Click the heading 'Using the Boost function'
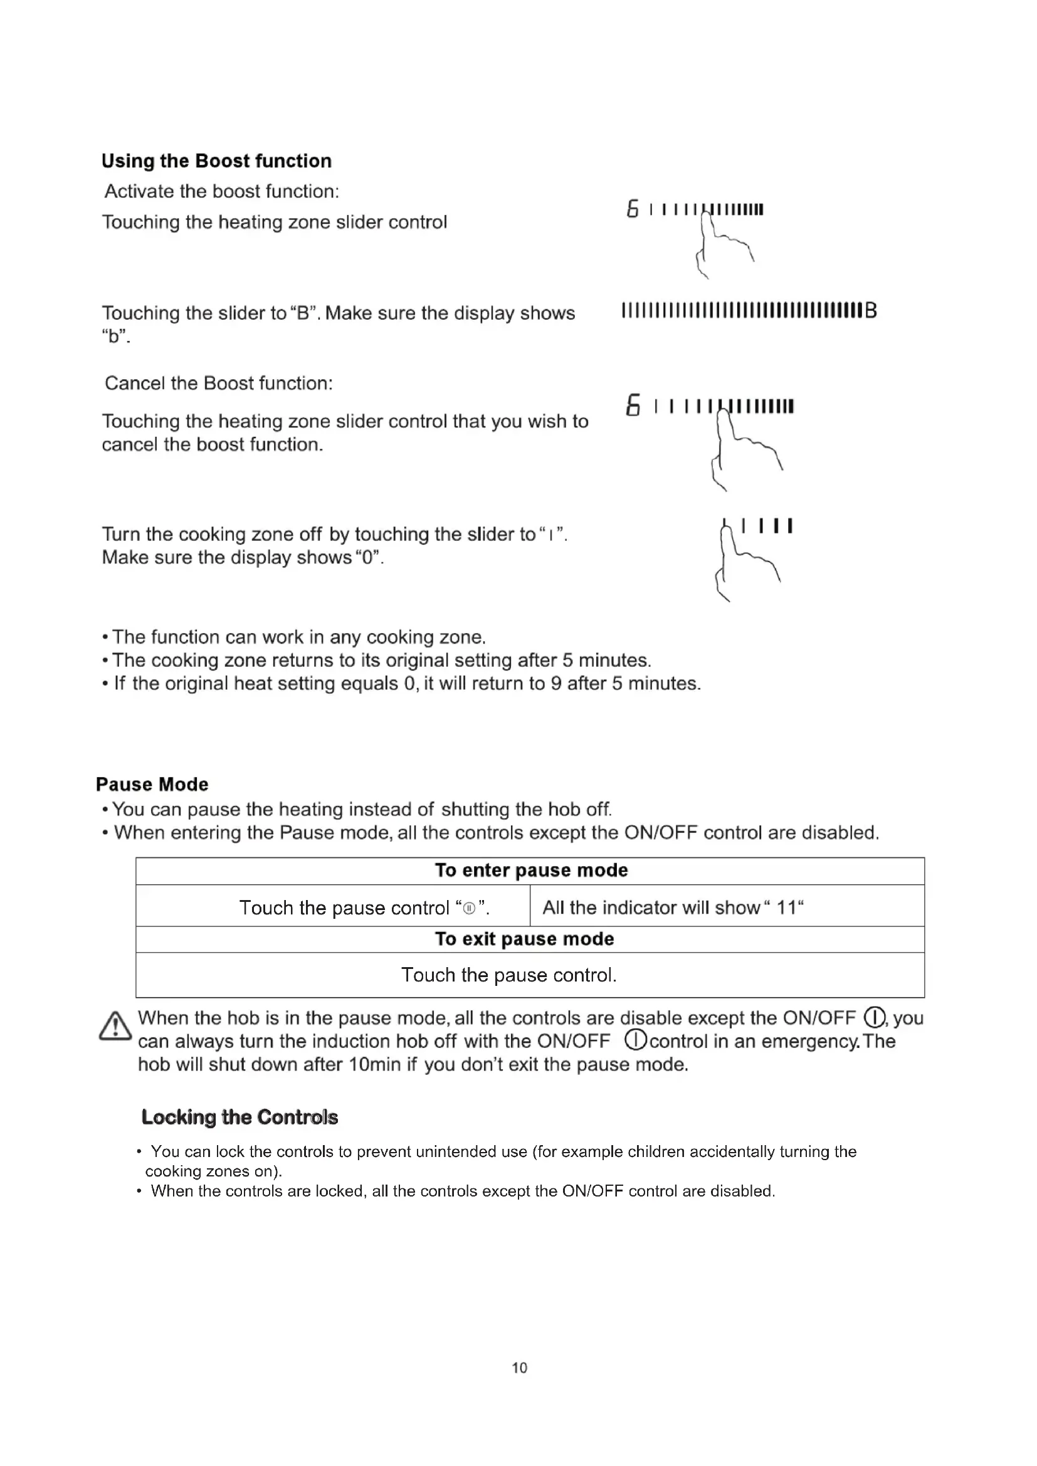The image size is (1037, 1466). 216,161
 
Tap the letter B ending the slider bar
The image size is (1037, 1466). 871,311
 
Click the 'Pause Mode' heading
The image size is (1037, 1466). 152,784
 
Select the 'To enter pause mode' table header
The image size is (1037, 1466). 530,871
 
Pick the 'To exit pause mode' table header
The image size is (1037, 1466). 524,939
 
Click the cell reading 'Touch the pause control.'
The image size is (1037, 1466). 508,975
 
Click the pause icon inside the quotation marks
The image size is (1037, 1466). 470,909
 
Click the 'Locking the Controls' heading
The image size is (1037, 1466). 240,1117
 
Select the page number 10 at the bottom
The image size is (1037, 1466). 519,1368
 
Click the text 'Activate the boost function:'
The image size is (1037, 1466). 221,191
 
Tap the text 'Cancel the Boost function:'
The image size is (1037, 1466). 218,383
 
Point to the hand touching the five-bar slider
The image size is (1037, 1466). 747,558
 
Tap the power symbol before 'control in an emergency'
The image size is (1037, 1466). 636,1041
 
